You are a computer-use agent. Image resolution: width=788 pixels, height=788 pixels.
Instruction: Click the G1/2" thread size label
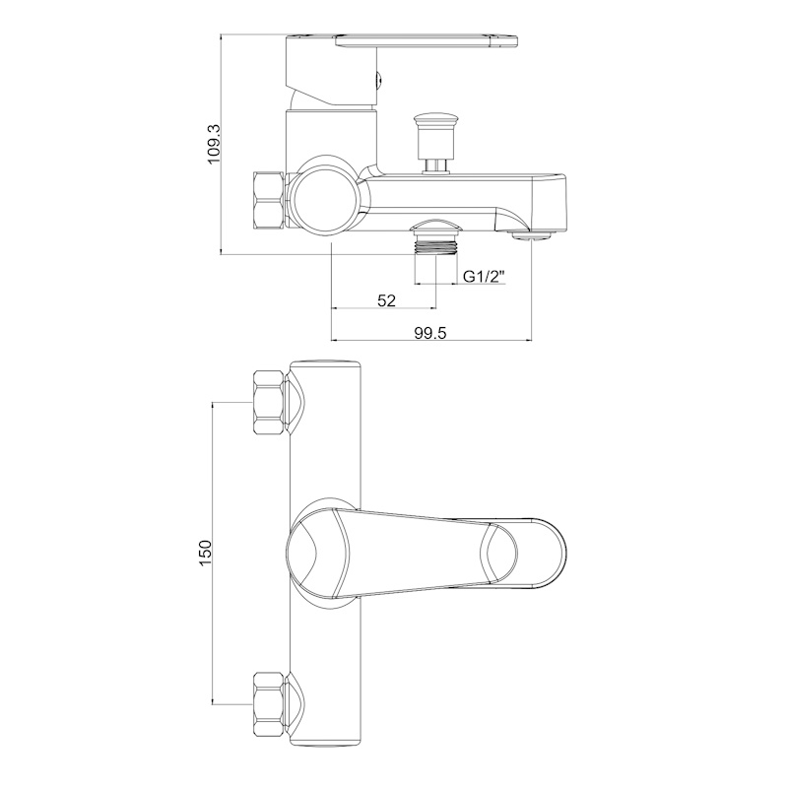(483, 277)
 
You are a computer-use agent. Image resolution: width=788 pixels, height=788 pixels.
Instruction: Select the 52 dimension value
(386, 300)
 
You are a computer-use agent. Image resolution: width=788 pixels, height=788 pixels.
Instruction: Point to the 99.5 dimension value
(430, 332)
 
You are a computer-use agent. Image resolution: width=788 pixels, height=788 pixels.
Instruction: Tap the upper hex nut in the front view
(268, 402)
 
